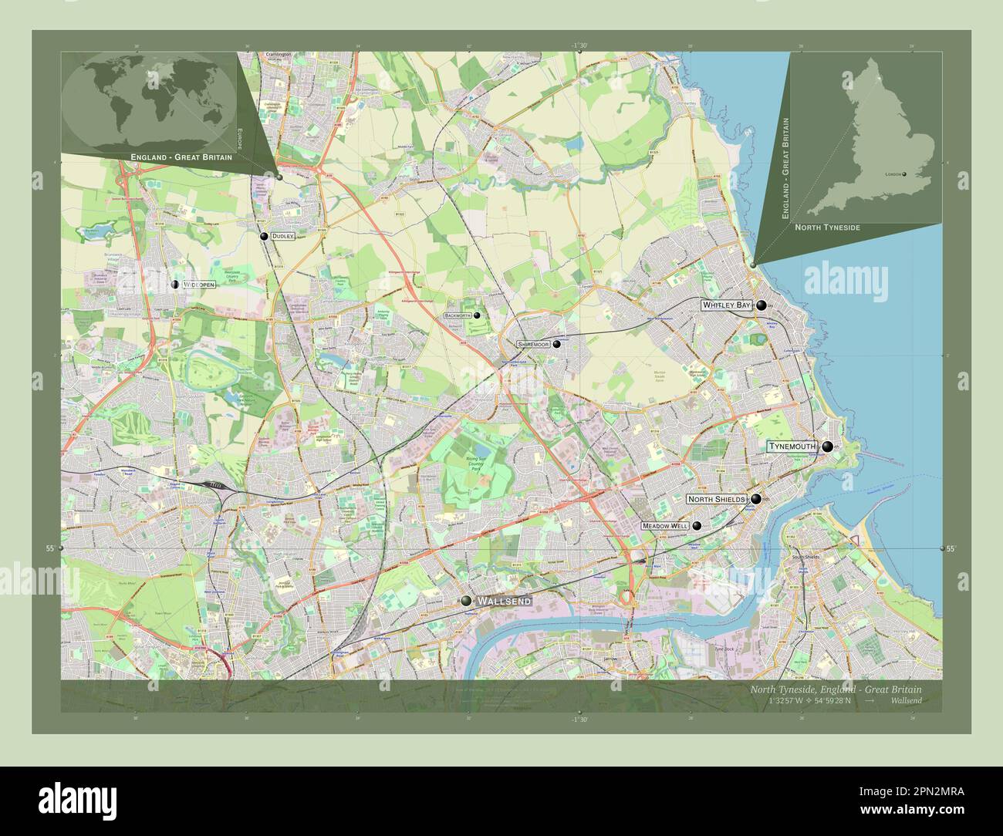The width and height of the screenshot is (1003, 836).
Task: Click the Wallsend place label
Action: tap(505, 601)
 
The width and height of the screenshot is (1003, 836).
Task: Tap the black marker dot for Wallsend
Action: tap(466, 601)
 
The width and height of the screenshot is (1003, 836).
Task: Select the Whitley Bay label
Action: tap(726, 305)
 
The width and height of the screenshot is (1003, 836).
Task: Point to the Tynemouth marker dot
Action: tap(827, 447)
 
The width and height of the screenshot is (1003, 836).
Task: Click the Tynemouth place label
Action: tap(792, 447)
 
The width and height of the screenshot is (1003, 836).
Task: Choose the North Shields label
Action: tap(717, 500)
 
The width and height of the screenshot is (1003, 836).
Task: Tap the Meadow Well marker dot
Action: tap(697, 526)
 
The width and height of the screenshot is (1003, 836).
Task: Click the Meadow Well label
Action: tap(664, 526)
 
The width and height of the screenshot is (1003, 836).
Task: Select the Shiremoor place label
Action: tap(533, 345)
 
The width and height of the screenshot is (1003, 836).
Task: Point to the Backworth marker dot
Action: tap(477, 315)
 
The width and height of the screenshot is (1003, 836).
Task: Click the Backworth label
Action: tap(458, 315)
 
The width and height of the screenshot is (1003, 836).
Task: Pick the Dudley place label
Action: tap(283, 236)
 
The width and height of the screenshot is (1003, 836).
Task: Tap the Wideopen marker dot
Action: tap(175, 285)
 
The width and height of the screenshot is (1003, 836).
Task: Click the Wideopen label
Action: tap(199, 285)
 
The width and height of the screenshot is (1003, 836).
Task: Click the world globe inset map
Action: tap(148, 103)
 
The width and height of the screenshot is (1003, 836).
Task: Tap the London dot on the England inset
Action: tap(904, 174)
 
